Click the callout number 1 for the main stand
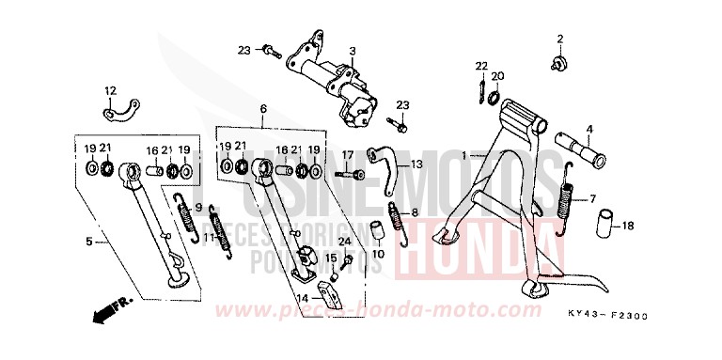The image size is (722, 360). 463,154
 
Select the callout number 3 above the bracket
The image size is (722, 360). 352,51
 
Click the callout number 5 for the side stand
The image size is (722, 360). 90,242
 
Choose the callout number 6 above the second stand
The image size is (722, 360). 264,109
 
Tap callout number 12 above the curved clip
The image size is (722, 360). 111,90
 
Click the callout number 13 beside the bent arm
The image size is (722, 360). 417,164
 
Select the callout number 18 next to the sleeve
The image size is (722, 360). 628,226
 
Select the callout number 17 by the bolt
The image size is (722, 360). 347,155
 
